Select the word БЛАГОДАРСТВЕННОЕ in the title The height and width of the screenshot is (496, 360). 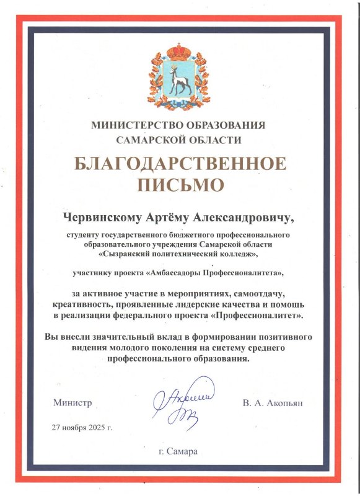pyautogui.click(x=180, y=164)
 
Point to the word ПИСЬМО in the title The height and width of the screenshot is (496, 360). pyautogui.click(x=180, y=184)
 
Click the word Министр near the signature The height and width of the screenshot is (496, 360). pyautogui.click(x=72, y=402)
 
